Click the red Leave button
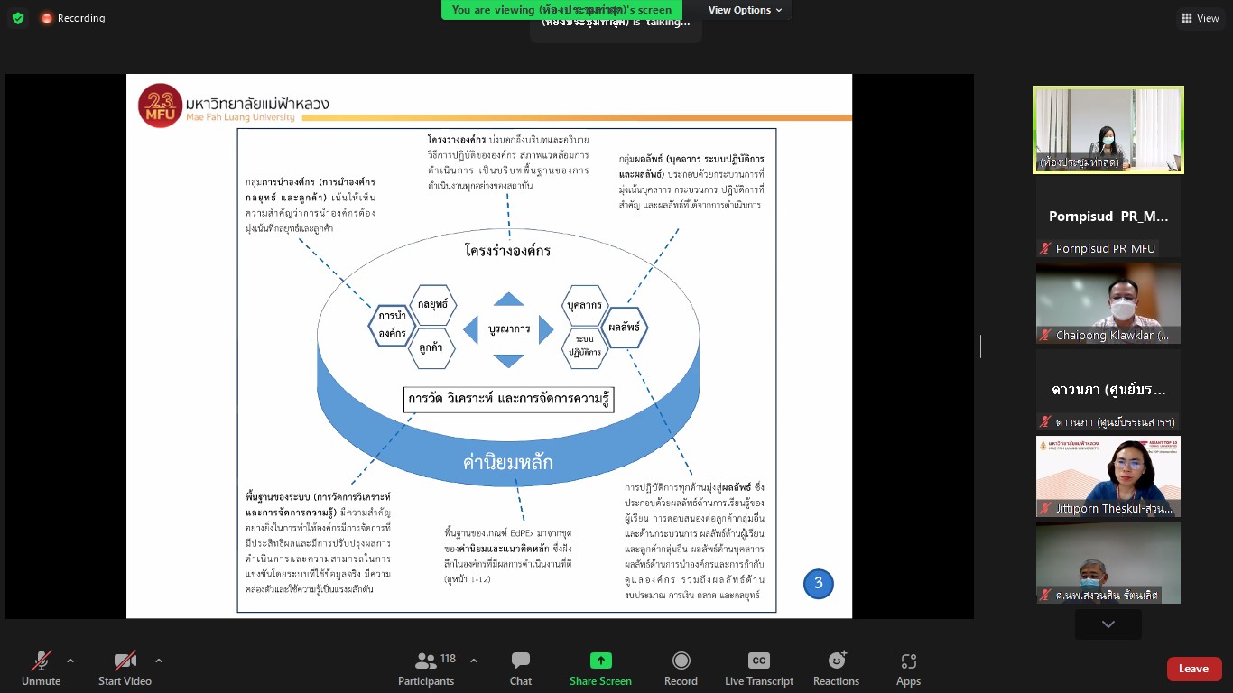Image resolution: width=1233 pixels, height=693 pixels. [x=1193, y=669]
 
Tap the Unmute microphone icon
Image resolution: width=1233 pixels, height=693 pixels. [x=42, y=661]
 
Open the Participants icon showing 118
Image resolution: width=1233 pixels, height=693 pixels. [x=426, y=661]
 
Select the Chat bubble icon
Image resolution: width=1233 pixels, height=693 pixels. [x=521, y=661]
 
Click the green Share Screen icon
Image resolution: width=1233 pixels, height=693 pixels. [x=600, y=661]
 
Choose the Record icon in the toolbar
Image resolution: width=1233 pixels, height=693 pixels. [x=681, y=661]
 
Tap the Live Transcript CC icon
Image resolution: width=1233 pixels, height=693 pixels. [x=759, y=661]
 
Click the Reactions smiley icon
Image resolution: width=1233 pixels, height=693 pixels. [x=836, y=661]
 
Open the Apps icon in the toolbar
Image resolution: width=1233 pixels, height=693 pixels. [x=908, y=661]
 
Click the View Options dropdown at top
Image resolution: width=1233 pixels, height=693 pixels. [x=746, y=10]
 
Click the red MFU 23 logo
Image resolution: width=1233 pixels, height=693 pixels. [x=161, y=105]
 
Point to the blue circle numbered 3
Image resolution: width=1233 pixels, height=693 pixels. [x=819, y=583]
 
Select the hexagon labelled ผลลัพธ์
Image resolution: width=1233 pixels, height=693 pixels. [x=625, y=328]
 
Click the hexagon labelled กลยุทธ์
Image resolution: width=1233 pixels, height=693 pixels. [x=432, y=305]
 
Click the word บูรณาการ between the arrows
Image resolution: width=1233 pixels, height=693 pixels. [x=509, y=329]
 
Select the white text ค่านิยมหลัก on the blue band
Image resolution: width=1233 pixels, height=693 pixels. [x=508, y=463]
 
